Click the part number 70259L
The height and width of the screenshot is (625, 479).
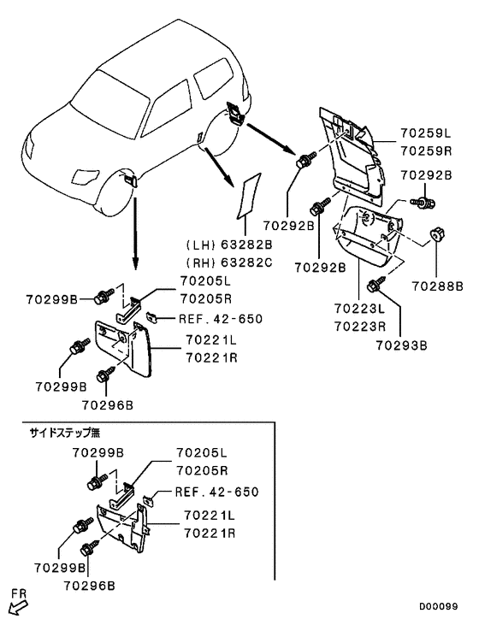point(426,133)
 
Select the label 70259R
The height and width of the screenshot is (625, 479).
point(426,151)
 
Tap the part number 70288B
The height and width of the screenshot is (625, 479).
point(438,286)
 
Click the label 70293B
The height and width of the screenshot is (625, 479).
point(402,345)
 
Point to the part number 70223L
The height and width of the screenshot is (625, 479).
point(360,309)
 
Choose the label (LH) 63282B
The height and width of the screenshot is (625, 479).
point(229,245)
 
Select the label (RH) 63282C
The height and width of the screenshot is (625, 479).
point(229,262)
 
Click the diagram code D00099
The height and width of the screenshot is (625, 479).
point(438,607)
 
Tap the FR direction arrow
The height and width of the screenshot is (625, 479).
point(18,609)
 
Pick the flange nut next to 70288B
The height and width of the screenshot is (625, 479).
point(436,234)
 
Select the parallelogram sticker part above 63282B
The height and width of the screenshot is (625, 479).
point(248,196)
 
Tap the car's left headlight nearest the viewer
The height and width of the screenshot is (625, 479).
point(85,177)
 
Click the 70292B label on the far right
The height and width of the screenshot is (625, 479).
point(426,175)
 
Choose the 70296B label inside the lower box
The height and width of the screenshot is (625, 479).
point(89,586)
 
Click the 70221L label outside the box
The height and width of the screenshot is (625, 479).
point(211,340)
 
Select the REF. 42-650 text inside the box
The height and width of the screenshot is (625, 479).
point(217,492)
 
